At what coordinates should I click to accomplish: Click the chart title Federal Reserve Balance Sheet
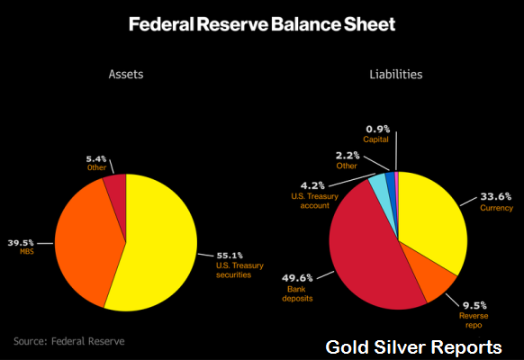pyautogui.click(x=262, y=24)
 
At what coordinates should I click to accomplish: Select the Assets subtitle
pyautogui.click(x=126, y=74)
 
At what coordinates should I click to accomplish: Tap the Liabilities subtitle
pyautogui.click(x=396, y=74)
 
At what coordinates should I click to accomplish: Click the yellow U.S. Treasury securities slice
pyautogui.click(x=157, y=247)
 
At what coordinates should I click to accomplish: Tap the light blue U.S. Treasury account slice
pyautogui.click(x=381, y=189)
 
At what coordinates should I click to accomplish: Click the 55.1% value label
pyautogui.click(x=230, y=256)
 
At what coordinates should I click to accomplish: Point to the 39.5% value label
pyautogui.click(x=21, y=242)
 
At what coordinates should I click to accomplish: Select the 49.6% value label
pyautogui.click(x=297, y=278)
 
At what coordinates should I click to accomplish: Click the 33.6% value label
pyautogui.click(x=495, y=196)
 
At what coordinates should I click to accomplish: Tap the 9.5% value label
pyautogui.click(x=474, y=305)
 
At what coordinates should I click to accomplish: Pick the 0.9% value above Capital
pyautogui.click(x=377, y=129)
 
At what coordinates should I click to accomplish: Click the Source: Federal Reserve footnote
pyautogui.click(x=68, y=341)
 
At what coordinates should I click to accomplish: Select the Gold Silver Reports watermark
pyautogui.click(x=413, y=347)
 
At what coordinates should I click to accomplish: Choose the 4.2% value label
pyautogui.click(x=312, y=185)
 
